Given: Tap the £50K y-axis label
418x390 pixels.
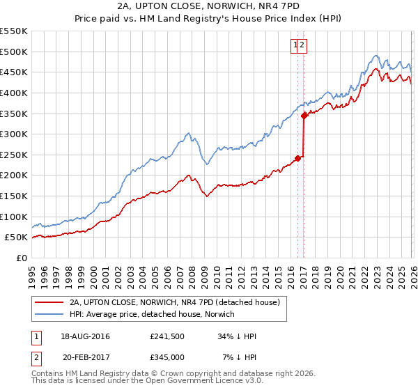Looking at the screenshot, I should [x=17, y=237].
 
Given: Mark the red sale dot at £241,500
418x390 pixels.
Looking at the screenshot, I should [x=297, y=158].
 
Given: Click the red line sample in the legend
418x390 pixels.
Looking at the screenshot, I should [x=49, y=303].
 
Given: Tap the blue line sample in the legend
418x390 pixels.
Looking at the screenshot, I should [x=49, y=314].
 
